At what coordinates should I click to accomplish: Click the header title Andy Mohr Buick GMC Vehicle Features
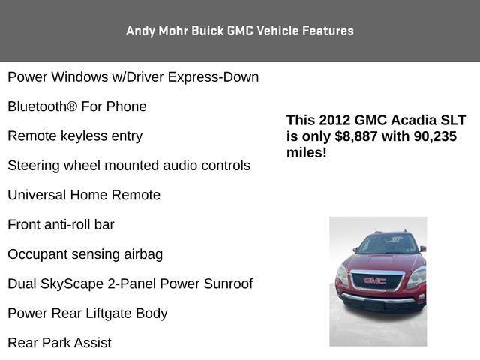coord(240,31)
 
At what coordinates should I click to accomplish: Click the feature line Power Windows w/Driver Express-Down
coord(133,77)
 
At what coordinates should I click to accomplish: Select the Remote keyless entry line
coord(75,136)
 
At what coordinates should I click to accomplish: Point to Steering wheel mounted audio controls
coord(129,166)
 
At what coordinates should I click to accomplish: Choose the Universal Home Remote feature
coord(84,195)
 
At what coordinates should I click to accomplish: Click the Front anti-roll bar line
coord(61,224)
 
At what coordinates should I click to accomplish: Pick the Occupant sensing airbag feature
coord(85,254)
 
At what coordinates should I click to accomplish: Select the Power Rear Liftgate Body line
coord(88,313)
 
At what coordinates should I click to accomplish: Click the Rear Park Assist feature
coord(59,343)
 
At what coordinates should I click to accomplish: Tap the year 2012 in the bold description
coord(334,121)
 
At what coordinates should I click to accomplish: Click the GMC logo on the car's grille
coord(374,280)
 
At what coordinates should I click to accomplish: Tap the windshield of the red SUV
coord(385,244)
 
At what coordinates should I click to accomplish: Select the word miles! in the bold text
coord(307,153)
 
